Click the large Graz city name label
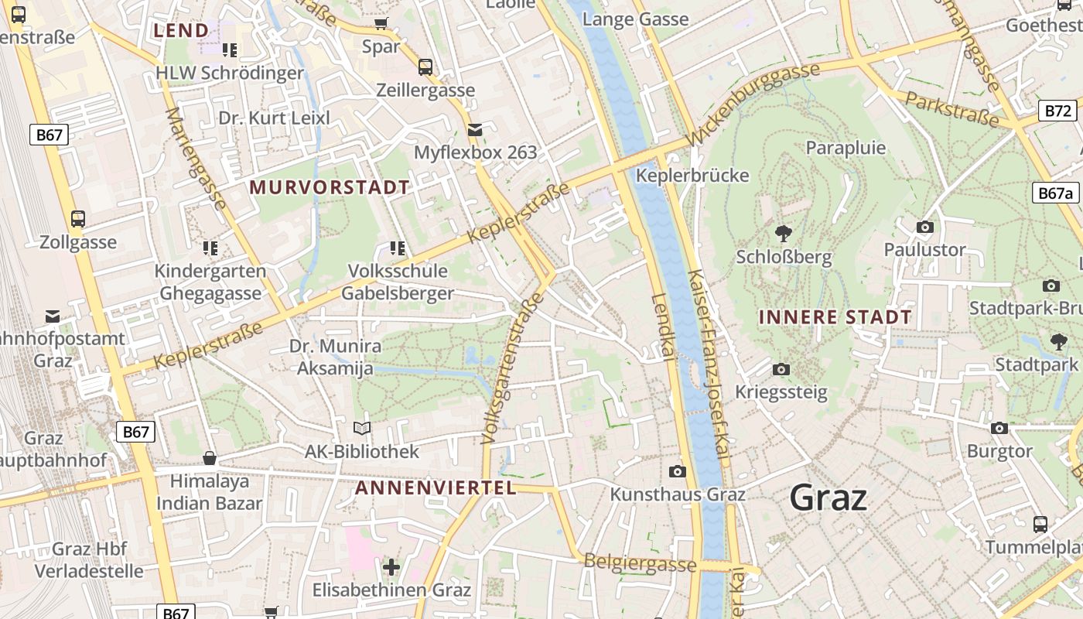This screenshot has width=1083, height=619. (828, 498)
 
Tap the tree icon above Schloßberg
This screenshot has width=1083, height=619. (783, 232)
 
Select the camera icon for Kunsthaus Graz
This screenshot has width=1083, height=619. (677, 471)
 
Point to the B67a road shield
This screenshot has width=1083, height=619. (1055, 193)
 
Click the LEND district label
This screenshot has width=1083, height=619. (181, 30)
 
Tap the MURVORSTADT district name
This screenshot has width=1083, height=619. (330, 187)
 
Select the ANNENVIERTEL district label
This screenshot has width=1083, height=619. (436, 487)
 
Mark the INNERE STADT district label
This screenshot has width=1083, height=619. (835, 316)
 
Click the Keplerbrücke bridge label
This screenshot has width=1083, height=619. (692, 176)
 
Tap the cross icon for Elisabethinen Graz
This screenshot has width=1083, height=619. (391, 567)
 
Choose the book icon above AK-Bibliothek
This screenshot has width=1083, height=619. (361, 428)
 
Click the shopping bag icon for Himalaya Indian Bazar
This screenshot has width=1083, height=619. (209, 458)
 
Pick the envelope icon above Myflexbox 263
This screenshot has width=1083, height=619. (474, 129)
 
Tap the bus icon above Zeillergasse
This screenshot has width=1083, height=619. (425, 67)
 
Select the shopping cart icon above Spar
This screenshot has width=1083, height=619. (381, 23)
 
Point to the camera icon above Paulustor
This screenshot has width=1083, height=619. (924, 227)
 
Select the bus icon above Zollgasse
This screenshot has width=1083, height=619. (78, 218)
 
